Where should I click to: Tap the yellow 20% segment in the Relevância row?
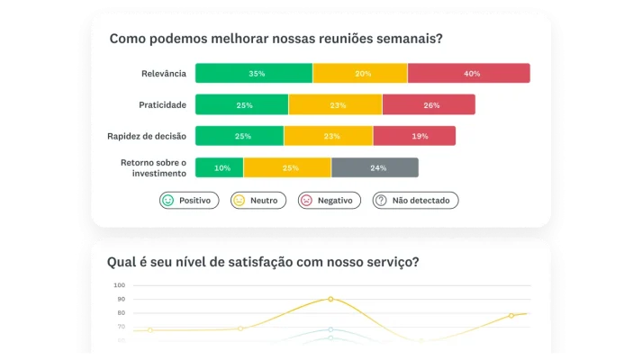(360, 74)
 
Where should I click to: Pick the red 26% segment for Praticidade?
(429, 105)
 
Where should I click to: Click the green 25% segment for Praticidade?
(242, 105)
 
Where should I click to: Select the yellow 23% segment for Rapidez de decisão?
(329, 136)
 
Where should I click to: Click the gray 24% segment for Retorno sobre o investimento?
(375, 167)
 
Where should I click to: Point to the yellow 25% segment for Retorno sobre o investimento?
(288, 167)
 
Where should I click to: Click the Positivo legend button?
(189, 201)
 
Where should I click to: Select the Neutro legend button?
(259, 201)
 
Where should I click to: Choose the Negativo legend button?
(330, 201)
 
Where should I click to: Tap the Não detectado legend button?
(416, 201)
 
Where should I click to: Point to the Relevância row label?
(164, 74)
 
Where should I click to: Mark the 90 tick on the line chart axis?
(120, 299)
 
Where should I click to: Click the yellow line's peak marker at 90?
(330, 299)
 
